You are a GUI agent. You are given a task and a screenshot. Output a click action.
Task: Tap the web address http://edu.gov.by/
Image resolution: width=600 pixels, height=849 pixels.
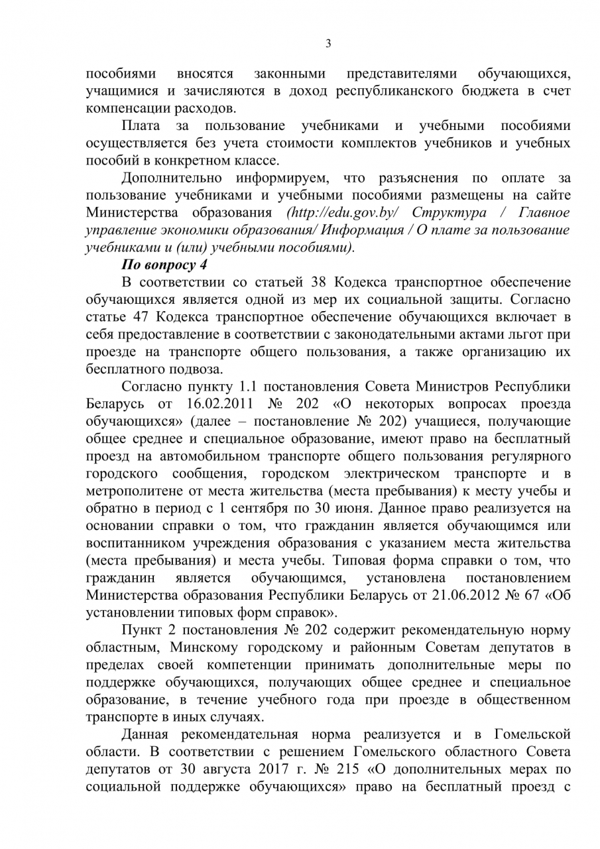[342, 213]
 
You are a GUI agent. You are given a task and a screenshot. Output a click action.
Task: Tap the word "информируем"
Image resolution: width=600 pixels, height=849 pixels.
[278, 178]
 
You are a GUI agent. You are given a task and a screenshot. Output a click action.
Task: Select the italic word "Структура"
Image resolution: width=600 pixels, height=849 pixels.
[449, 213]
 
